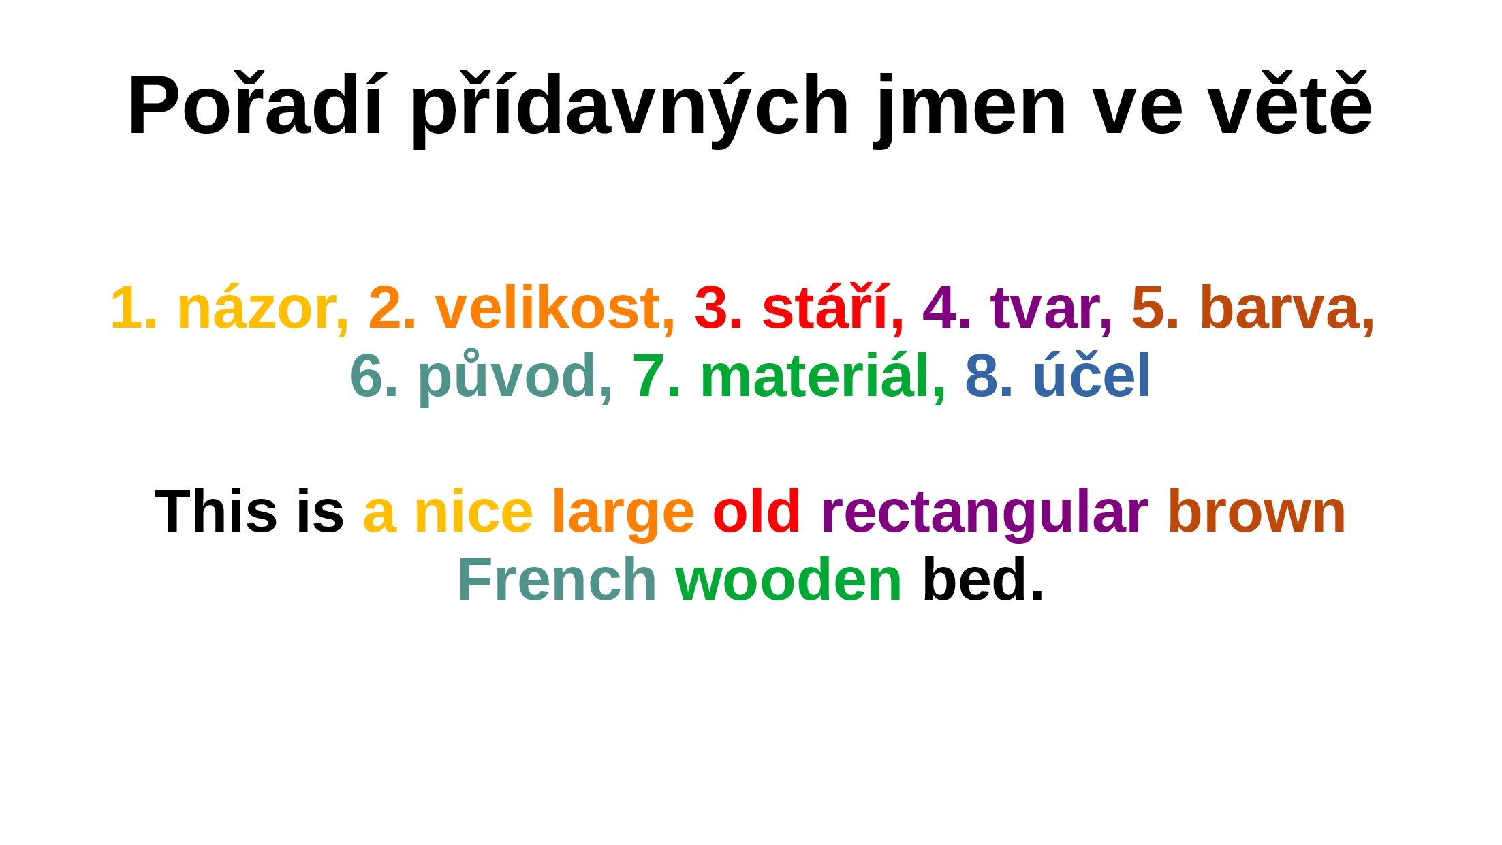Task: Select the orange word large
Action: (623, 515)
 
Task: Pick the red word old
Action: (756, 511)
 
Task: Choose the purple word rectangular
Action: (984, 515)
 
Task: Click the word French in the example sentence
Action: (557, 579)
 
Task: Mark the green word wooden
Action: (789, 579)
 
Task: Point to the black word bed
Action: (983, 579)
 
